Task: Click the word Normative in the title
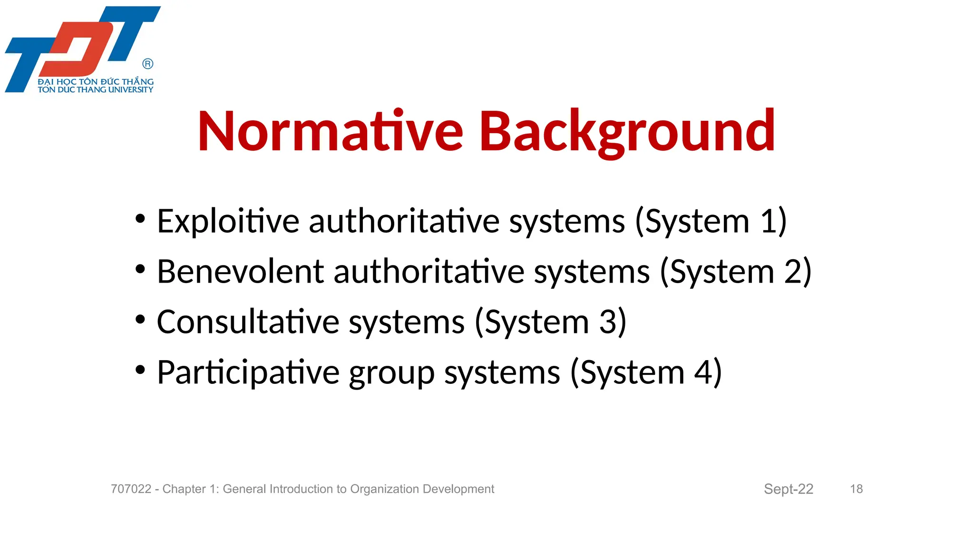(x=330, y=131)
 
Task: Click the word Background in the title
(x=627, y=131)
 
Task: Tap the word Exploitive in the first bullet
(x=228, y=221)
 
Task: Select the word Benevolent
(x=240, y=272)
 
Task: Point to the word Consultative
(x=248, y=322)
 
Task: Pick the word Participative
(x=248, y=372)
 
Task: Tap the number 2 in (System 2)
(x=793, y=272)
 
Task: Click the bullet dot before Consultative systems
(x=140, y=319)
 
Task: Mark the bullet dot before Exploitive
(x=140, y=219)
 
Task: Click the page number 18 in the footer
(x=856, y=489)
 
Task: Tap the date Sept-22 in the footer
(x=788, y=489)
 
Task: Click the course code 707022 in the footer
(x=131, y=489)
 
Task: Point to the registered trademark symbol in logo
(x=148, y=64)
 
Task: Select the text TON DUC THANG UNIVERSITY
(x=95, y=89)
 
